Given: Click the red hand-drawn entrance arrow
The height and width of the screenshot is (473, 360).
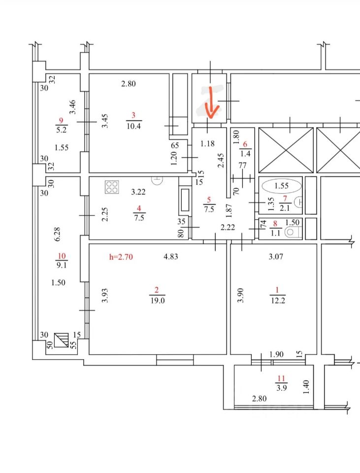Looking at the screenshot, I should click(210, 102).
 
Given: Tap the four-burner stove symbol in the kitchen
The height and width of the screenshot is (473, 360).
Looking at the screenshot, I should click(112, 187).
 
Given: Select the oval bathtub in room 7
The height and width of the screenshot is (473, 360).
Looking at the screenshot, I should click(282, 186).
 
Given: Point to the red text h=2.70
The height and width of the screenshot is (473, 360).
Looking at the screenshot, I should click(121, 256).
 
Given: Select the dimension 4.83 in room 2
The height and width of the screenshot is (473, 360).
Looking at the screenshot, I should click(171, 256).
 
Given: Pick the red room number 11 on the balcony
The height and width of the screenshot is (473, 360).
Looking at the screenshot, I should click(281, 378).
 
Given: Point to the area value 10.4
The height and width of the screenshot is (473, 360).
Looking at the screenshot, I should click(133, 126).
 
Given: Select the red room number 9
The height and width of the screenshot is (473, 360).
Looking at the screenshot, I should click(61, 120).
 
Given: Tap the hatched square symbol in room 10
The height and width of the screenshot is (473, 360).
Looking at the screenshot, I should click(61, 339).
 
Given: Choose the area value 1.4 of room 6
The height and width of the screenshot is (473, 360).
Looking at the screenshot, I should click(245, 154).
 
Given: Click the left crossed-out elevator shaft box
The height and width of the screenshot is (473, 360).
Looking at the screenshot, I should click(286, 150).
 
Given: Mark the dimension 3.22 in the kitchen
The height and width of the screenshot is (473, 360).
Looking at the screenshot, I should click(138, 191).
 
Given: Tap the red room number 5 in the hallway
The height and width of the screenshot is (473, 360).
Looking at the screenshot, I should click(209, 200).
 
